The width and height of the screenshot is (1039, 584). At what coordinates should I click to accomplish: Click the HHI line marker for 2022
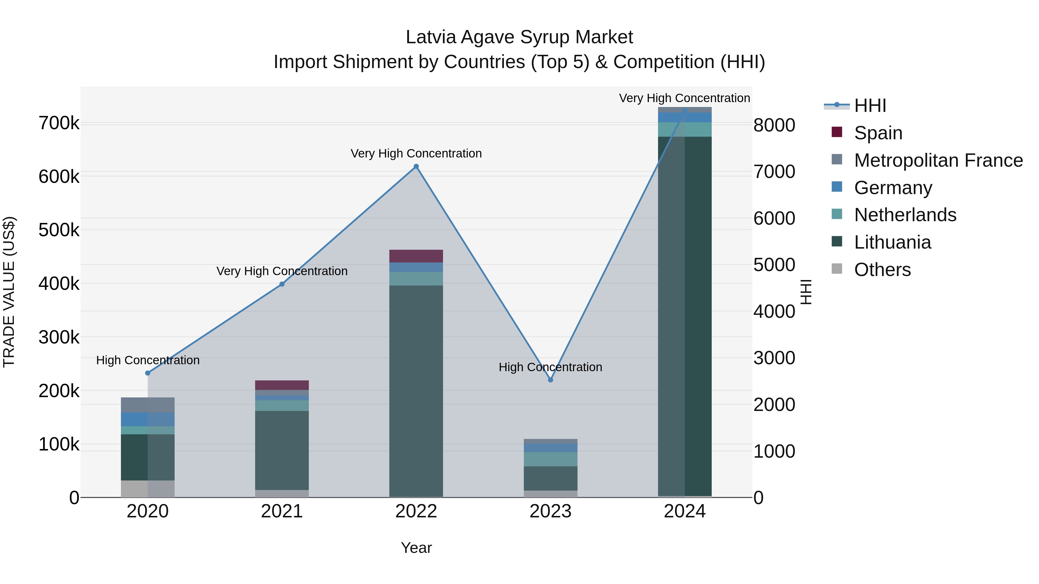(416, 166)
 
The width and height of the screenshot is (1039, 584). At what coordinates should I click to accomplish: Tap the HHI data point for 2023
(551, 380)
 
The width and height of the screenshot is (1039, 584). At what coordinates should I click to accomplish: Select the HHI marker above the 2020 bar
(147, 373)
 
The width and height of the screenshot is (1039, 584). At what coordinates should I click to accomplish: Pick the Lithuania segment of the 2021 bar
(282, 450)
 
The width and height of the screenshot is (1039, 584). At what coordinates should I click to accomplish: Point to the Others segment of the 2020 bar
(147, 489)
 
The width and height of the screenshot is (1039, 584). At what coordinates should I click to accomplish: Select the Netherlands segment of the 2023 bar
(551, 459)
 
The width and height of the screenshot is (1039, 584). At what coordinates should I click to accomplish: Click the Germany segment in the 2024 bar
(685, 117)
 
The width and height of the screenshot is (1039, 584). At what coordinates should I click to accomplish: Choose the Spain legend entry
(878, 133)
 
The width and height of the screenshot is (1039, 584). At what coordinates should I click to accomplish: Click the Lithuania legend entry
(892, 242)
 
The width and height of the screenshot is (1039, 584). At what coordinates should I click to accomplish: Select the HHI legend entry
(870, 106)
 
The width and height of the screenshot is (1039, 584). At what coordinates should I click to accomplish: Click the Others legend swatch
(837, 269)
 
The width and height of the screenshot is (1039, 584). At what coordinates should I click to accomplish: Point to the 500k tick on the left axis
(59, 230)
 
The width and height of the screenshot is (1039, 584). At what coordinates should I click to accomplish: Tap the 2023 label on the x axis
(551, 511)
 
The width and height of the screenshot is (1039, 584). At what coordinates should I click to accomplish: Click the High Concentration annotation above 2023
(551, 367)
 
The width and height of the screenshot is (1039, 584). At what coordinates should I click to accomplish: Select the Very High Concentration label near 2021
(282, 271)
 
